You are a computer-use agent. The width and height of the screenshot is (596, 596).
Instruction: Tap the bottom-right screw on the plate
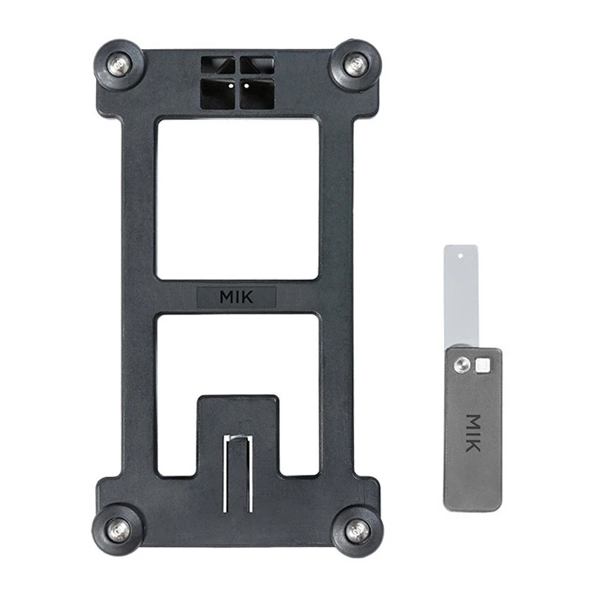pos(357,530)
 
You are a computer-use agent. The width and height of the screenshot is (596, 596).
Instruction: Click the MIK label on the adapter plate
pos(236,297)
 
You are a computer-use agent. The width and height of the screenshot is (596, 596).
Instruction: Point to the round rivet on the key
pos(463,364)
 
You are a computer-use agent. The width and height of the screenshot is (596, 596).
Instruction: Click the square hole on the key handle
pos(483,364)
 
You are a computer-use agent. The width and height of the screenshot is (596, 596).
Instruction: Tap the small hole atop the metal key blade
pos(461,255)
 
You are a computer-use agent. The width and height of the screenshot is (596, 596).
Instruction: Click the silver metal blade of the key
pos(461,298)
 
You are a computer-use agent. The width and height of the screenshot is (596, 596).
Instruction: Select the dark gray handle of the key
pos(473,447)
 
